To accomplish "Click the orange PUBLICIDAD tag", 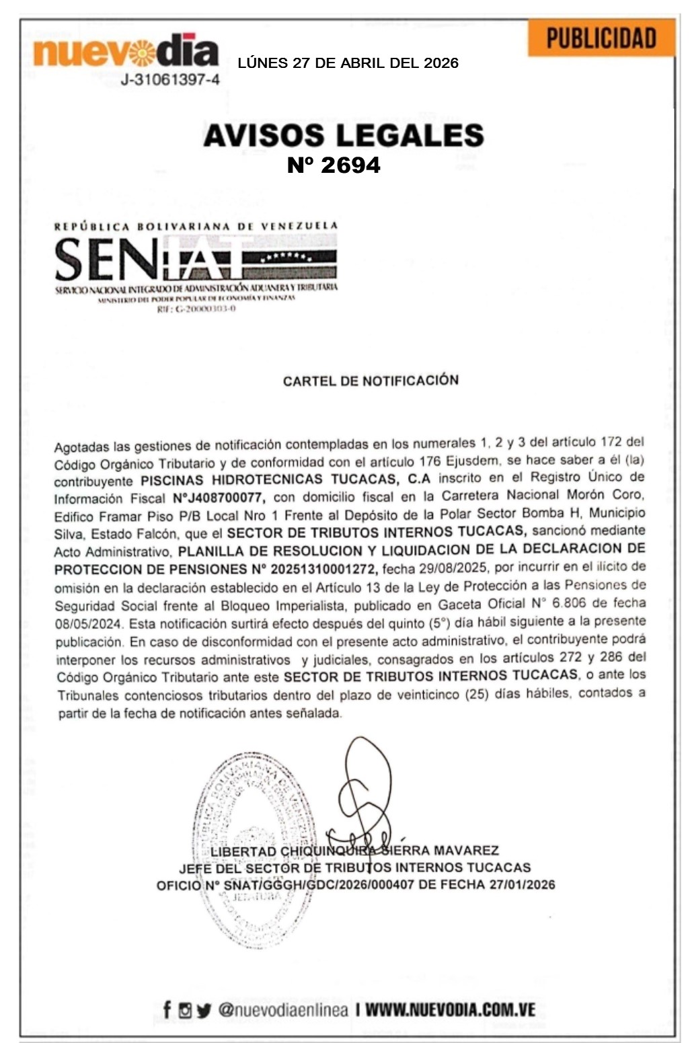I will (601, 38).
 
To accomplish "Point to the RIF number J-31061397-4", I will (170, 80).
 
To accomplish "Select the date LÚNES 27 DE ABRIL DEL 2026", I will (348, 63).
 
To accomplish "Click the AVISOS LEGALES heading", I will (344, 135).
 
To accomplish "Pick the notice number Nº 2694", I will (334, 165).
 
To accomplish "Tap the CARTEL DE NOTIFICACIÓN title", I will (371, 381).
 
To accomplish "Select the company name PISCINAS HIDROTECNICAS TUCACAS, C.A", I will (285, 480).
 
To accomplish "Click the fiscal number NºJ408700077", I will (219, 498).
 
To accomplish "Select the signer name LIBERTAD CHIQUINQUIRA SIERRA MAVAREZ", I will (354, 851).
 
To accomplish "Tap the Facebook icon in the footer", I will (167, 1009).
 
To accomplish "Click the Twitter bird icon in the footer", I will (204, 1010).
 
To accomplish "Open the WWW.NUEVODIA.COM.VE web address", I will (451, 1009).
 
